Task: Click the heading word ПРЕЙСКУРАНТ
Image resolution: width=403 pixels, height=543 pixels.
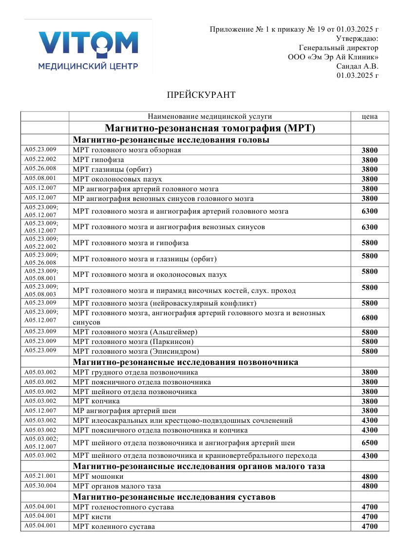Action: (201, 95)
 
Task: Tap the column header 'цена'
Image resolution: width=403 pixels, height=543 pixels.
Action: (370, 116)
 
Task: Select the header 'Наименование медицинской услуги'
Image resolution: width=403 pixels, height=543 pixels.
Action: (210, 116)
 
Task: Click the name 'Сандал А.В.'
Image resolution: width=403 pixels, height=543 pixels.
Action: (357, 66)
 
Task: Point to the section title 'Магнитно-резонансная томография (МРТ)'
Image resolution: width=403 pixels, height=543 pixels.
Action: (210, 128)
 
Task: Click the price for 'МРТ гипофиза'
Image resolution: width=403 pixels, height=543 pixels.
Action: (370, 160)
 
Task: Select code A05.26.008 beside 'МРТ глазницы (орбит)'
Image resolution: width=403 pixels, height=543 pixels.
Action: (40, 169)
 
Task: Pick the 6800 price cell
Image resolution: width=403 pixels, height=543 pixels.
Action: (370, 318)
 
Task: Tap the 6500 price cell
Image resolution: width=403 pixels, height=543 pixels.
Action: (370, 443)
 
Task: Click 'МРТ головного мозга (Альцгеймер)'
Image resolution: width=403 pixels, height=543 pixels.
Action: (135, 332)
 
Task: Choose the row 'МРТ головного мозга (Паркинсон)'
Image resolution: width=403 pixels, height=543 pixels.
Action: (134, 342)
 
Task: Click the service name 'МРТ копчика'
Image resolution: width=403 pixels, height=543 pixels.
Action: (96, 401)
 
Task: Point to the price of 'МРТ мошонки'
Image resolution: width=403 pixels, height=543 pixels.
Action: (370, 477)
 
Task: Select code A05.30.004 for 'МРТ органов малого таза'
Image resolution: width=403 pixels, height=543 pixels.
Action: (40, 486)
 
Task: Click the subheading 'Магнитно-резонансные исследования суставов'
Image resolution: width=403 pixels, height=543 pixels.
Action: (174, 497)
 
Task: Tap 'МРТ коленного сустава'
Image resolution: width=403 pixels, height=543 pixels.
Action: (114, 526)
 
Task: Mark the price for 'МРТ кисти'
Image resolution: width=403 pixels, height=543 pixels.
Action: (370, 517)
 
